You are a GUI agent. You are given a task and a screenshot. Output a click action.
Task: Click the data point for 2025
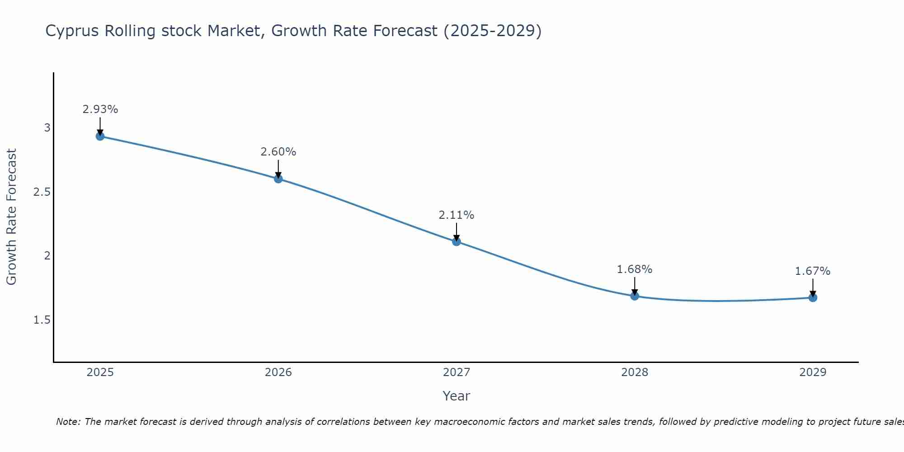pyautogui.click(x=100, y=136)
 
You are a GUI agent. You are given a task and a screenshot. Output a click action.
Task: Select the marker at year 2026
pyautogui.click(x=278, y=179)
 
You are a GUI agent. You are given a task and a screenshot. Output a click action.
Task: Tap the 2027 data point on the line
pyautogui.click(x=457, y=241)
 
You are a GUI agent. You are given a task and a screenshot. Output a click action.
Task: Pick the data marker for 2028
pyautogui.click(x=635, y=296)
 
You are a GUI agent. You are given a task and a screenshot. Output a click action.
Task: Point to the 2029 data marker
pyautogui.click(x=813, y=297)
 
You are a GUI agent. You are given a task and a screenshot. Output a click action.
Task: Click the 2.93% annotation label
pyautogui.click(x=100, y=109)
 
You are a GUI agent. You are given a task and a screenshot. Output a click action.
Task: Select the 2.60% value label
pyautogui.click(x=278, y=152)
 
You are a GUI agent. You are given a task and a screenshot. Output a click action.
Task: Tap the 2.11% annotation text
pyautogui.click(x=457, y=215)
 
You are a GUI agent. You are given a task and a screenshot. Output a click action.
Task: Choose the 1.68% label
pyautogui.click(x=635, y=269)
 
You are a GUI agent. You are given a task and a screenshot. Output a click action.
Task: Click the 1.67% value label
pyautogui.click(x=813, y=271)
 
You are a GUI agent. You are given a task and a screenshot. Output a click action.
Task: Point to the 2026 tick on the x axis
pyautogui.click(x=278, y=372)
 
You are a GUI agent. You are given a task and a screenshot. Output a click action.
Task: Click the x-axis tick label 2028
pyautogui.click(x=635, y=372)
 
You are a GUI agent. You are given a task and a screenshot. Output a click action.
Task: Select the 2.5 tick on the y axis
pyautogui.click(x=42, y=192)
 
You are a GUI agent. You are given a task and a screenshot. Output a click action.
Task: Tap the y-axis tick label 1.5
pyautogui.click(x=42, y=320)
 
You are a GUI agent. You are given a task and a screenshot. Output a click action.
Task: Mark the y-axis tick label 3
pyautogui.click(x=47, y=128)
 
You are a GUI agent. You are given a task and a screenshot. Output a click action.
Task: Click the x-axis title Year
pyautogui.click(x=457, y=396)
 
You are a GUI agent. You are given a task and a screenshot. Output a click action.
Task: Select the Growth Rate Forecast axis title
pyautogui.click(x=11, y=217)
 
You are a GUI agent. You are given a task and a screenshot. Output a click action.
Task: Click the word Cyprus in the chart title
pyautogui.click(x=72, y=31)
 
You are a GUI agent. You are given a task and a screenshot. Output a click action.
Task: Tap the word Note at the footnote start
pyautogui.click(x=68, y=422)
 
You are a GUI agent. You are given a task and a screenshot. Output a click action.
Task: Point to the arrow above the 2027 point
pyautogui.click(x=457, y=231)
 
